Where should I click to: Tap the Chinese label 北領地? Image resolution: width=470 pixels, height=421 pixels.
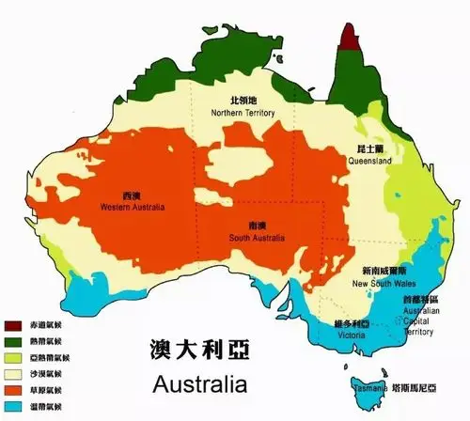tap(243, 100)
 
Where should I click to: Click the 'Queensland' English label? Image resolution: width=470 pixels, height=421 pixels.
tap(370, 162)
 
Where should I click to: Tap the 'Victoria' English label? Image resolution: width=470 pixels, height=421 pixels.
tap(350, 335)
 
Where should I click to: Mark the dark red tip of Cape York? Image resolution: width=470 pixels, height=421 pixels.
tap(351, 37)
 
